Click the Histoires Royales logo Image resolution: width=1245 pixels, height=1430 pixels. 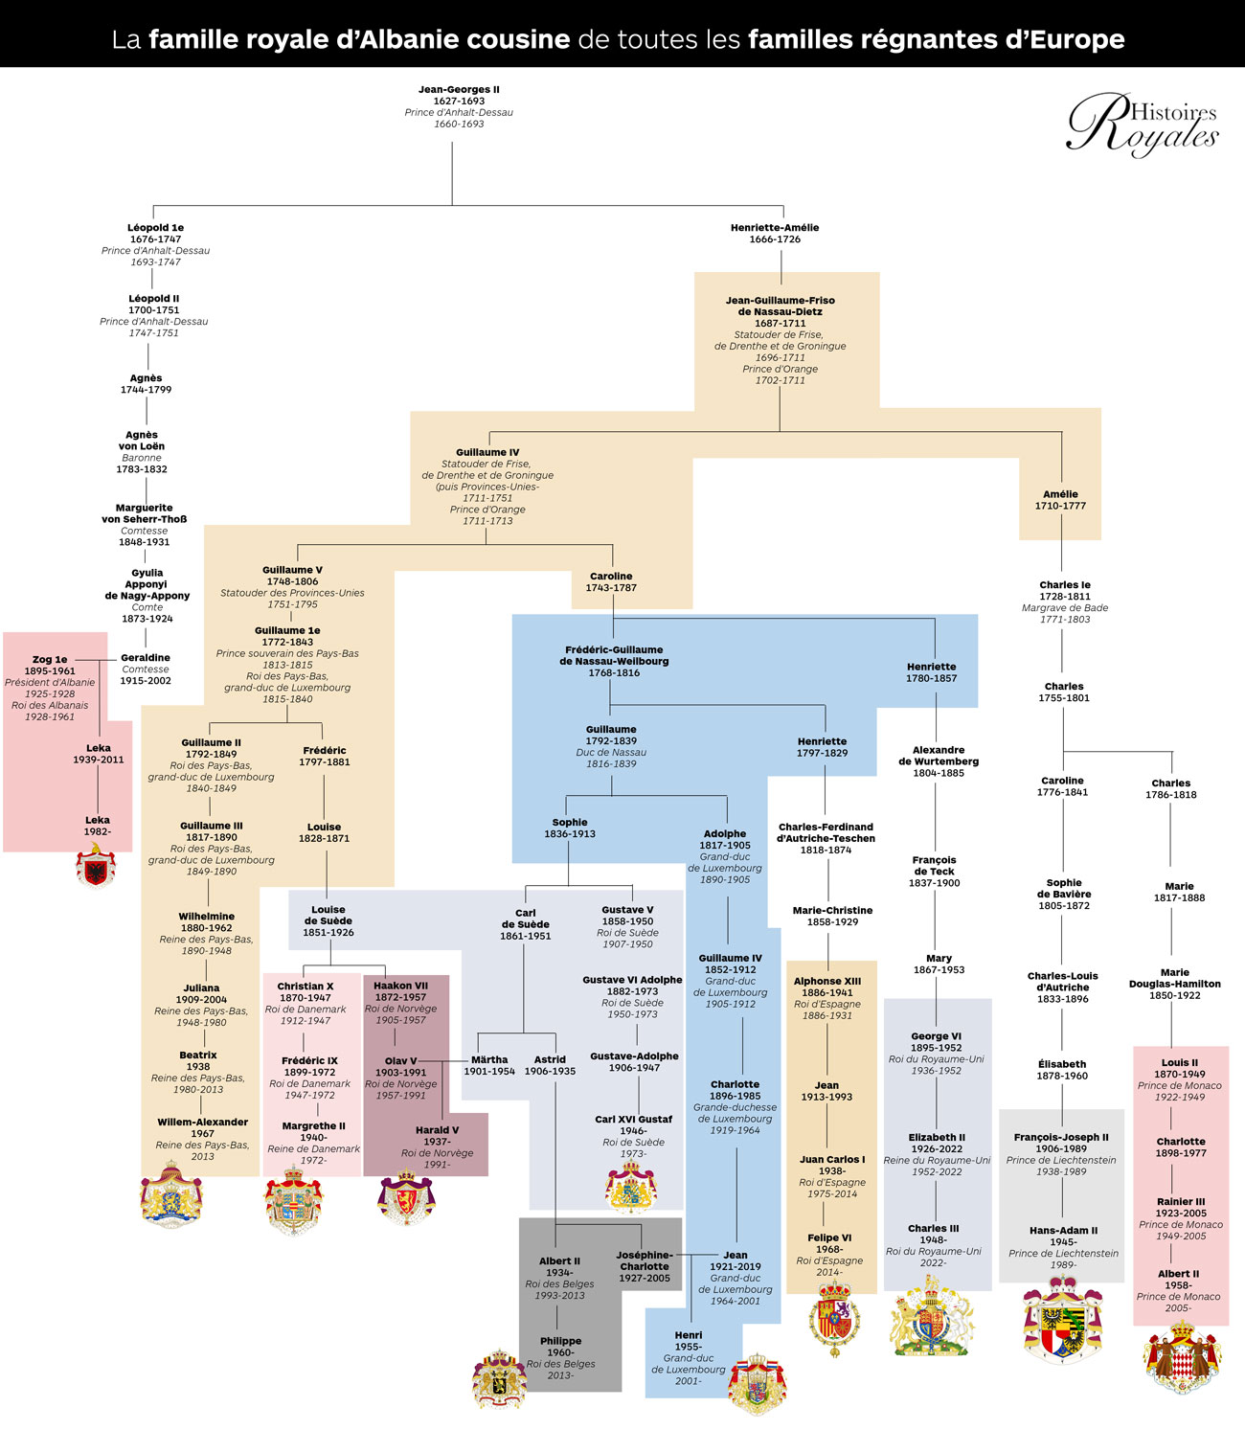pos(1143,125)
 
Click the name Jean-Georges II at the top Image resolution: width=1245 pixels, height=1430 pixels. pos(459,89)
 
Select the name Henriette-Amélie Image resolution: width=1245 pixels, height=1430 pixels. pos(775,227)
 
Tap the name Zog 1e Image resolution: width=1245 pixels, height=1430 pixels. pos(50,659)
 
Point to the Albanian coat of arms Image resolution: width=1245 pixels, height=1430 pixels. pos(96,865)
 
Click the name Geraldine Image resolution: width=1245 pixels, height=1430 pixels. pos(146,658)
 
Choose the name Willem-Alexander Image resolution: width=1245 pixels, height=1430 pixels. pos(203,1122)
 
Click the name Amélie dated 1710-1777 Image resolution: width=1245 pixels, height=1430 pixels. pos(1060,494)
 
